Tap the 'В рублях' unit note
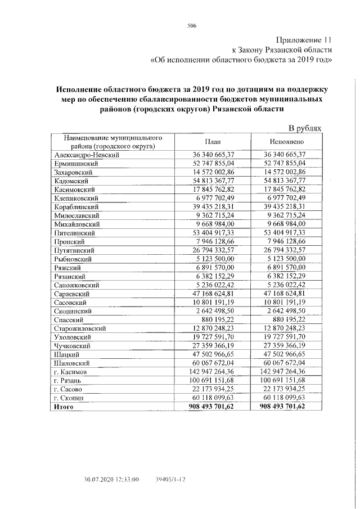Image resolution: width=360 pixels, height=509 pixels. pos(305,128)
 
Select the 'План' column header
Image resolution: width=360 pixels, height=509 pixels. pos(211,142)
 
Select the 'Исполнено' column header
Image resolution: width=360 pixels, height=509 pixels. pos(287,142)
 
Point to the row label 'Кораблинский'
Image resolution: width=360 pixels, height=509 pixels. pos(76,206)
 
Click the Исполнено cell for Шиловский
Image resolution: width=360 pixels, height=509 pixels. pos(285,363)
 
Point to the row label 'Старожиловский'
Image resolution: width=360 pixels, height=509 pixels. pos(80,328)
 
